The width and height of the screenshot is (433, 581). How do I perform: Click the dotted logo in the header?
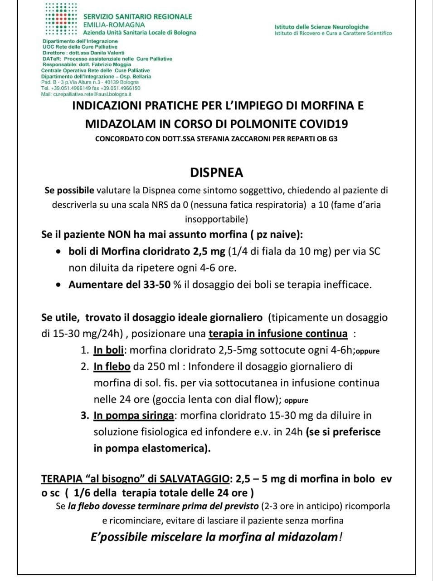pos(62,19)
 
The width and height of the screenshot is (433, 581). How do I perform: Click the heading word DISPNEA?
pos(216,172)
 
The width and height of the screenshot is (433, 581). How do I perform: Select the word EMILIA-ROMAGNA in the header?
pos(114,25)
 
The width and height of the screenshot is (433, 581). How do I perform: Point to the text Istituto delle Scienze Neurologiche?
pos(321,27)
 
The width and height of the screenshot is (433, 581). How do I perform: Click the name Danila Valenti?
pos(105,53)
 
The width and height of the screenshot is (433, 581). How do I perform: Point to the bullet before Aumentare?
pos(58,285)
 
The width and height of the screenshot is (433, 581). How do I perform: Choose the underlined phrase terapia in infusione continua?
pos(278,334)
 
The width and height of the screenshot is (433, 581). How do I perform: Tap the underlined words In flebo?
pos(112,366)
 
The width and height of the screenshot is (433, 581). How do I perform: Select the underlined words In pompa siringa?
pos(134,415)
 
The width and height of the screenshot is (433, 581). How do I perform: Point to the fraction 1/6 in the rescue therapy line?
pos(82,493)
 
